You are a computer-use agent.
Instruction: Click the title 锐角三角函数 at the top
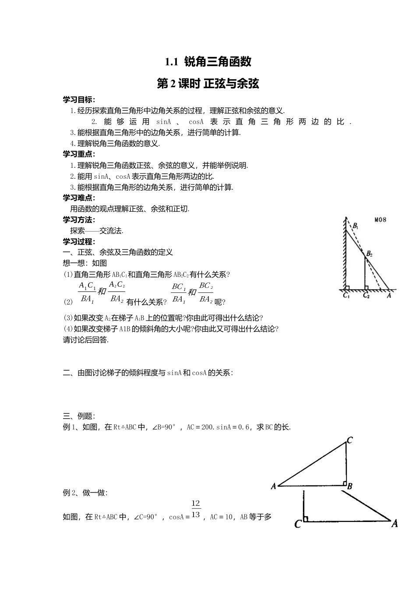coord(218,61)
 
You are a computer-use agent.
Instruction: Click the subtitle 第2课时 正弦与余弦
coord(208,84)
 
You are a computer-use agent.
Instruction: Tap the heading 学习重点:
coord(79,154)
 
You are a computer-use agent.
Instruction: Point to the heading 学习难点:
coord(79,198)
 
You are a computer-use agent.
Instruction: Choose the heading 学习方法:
coord(79,220)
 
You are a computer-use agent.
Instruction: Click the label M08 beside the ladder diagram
coord(380,220)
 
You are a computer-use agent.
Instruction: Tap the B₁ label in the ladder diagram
coord(356,227)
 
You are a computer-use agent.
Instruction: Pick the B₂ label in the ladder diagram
coord(369,253)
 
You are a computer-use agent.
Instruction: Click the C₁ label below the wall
coord(346,296)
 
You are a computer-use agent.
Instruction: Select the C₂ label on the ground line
coord(366,296)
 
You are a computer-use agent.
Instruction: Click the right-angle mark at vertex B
coord(344,483)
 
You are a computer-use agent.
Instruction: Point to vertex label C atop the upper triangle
coord(350,440)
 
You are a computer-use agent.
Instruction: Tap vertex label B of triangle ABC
coord(350,486)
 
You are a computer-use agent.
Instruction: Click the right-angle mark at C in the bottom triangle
coord(306,519)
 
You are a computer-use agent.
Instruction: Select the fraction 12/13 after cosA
coord(196,509)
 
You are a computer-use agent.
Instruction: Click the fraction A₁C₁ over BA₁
coord(87,292)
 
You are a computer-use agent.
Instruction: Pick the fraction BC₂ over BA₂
coord(206,292)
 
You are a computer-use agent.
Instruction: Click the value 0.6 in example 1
coord(243,427)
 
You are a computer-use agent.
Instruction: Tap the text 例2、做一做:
coord(85,493)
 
